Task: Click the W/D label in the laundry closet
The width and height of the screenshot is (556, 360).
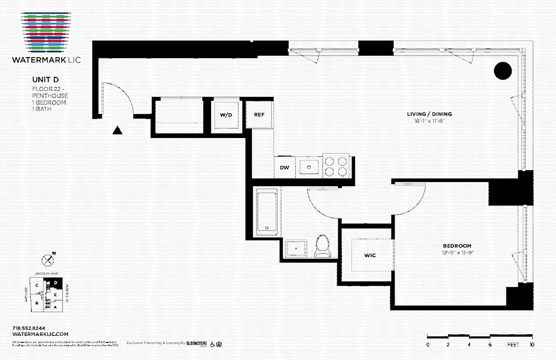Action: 226,115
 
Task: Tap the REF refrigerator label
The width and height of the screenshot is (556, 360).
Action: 259,114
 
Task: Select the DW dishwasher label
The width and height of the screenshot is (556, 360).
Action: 284,168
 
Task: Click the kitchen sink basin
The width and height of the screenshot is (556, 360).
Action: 309,167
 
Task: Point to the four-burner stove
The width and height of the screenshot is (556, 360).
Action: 336,166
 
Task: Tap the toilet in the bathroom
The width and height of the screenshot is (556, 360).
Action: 322,246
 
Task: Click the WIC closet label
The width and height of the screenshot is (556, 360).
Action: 370,255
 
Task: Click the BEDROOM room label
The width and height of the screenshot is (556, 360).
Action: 457,246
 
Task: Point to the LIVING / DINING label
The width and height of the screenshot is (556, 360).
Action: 429,114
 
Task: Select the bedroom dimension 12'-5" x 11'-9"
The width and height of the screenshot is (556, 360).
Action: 457,252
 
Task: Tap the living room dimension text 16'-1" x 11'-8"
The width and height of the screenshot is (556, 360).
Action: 429,121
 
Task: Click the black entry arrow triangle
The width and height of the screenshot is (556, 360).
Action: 117,130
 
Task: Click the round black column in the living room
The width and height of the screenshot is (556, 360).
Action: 502,71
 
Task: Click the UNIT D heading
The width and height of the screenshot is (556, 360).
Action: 45,80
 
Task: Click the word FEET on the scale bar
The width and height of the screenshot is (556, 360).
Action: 512,345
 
